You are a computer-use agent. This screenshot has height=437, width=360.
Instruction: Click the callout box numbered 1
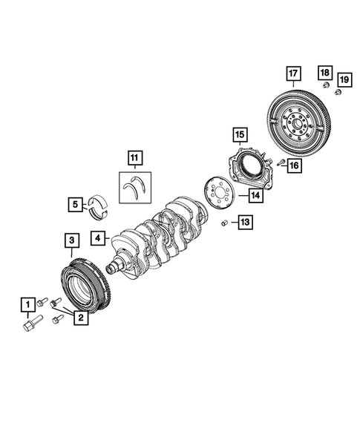tap(27, 303)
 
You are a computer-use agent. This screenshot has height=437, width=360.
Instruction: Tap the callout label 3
tap(71, 240)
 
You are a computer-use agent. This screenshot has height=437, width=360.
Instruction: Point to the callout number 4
tap(97, 239)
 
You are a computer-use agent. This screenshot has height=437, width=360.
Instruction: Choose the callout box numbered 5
tap(76, 203)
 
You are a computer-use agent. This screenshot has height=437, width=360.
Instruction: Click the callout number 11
tap(134, 158)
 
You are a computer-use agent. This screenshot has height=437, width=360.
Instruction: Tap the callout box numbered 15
tap(239, 134)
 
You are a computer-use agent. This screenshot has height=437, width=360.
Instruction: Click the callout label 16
tap(295, 165)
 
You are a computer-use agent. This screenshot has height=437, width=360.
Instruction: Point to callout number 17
tap(293, 73)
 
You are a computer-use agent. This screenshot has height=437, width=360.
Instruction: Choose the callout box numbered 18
tap(325, 72)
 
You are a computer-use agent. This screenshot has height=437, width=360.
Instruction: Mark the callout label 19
tap(344, 79)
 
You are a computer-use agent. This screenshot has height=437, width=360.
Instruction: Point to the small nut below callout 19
tap(338, 92)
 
